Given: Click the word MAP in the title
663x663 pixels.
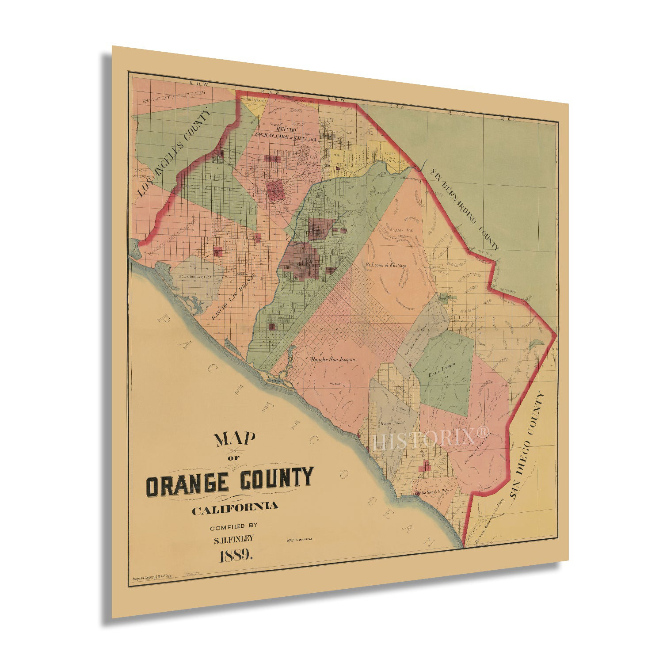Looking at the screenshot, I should click(235, 439).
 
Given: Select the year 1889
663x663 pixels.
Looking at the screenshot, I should click(236, 556).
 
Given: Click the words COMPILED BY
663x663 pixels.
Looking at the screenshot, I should click(233, 526).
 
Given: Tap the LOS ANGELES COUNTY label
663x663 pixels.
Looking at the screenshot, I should click(174, 153).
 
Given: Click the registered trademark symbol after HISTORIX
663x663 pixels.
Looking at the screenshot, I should click(483, 431).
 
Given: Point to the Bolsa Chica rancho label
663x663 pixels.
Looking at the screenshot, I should click(195, 277).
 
